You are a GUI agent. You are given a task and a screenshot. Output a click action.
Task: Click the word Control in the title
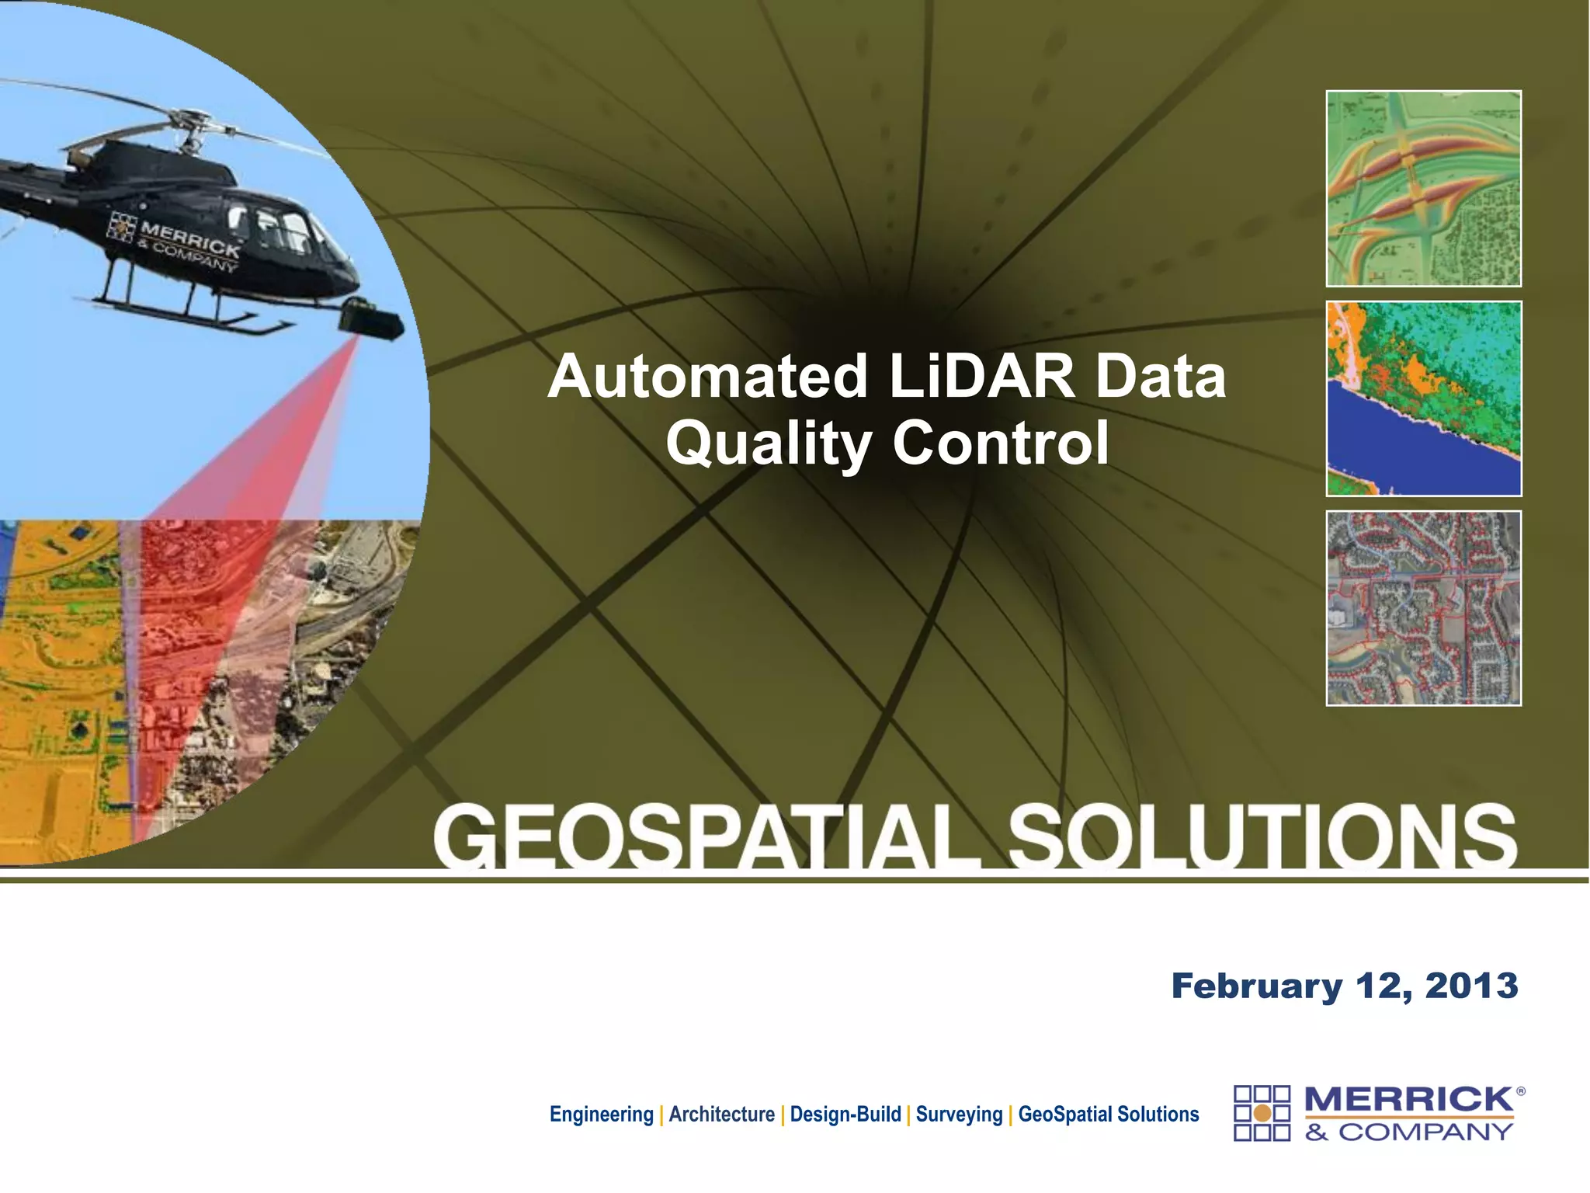coord(1001,443)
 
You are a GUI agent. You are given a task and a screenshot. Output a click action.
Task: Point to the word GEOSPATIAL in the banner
coord(706,837)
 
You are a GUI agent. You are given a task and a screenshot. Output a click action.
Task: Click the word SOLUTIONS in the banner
coord(1262,837)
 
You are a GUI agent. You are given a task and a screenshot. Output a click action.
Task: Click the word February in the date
coord(1256,986)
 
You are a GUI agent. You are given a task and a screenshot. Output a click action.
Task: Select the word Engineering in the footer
coord(601,1115)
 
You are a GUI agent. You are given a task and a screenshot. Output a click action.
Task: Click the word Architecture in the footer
coord(721,1115)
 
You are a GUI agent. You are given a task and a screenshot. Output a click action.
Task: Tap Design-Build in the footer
coord(845,1115)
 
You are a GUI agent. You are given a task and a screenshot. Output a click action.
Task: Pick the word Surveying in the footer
coord(959,1115)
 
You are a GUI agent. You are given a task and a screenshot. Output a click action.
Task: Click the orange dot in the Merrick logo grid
coord(1262,1114)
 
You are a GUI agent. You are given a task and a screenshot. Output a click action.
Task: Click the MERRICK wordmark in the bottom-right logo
coord(1408,1100)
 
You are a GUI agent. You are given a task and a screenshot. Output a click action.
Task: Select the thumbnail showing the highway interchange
coord(1423,189)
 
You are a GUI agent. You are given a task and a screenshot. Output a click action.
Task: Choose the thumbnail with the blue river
coord(1423,398)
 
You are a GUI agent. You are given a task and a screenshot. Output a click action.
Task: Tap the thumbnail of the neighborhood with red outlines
coord(1423,608)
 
